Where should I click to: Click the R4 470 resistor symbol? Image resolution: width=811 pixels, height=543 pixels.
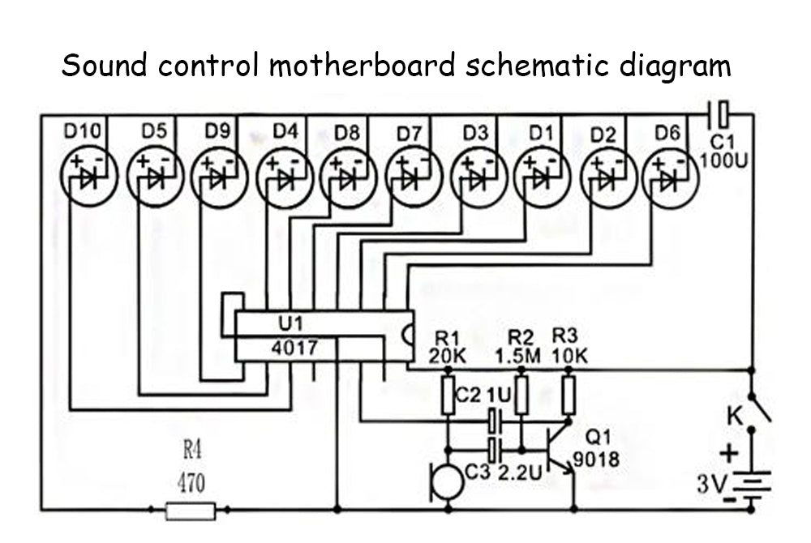(191, 510)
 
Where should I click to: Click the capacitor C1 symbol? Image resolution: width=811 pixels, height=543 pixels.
(719, 111)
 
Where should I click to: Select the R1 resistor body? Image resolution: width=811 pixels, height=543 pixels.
(448, 395)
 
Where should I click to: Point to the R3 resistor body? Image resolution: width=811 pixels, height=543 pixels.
(569, 395)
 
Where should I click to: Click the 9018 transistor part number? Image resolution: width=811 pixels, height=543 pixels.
(596, 460)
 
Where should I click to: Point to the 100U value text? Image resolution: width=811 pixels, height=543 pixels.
(723, 159)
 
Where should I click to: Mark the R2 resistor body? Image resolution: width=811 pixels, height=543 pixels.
(522, 395)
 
